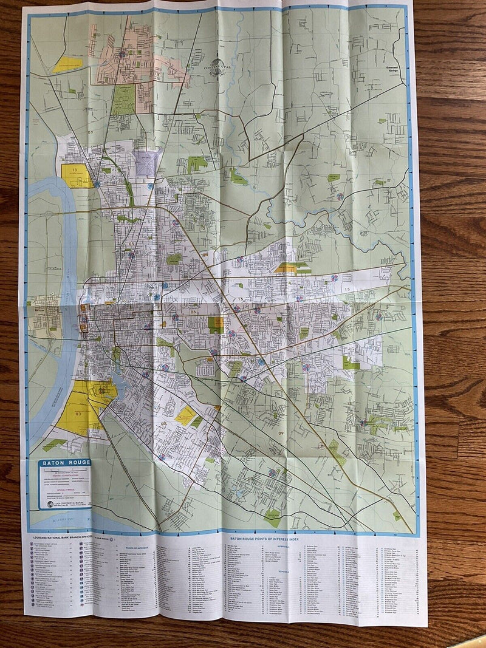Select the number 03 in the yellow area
78,413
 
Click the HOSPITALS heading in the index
277,545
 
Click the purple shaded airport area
148,163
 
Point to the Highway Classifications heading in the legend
65,476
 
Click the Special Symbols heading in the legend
65,489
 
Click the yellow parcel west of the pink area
67,64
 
